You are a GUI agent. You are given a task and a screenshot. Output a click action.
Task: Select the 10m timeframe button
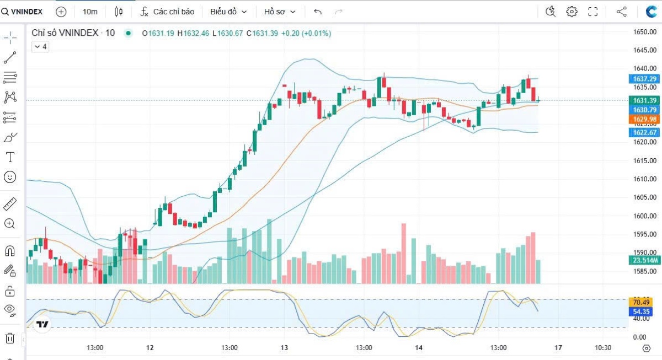point(90,12)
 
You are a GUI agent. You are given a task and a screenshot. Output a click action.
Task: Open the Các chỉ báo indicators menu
point(167,12)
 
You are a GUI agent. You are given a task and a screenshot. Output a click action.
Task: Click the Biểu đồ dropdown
point(228,12)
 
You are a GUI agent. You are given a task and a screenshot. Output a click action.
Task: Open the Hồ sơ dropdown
point(280,12)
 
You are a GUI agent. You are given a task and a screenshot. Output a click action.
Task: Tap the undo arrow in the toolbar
point(318,12)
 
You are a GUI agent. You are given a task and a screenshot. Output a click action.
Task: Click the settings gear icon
point(572,12)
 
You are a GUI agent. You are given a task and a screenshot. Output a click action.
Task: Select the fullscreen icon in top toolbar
point(593,12)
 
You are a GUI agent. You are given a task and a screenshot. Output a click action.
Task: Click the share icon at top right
point(621,12)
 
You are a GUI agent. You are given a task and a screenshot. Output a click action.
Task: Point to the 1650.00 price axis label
point(644,32)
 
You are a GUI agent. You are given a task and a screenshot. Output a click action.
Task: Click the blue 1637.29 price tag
point(644,79)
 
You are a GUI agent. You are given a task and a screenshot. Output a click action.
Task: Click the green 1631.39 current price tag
point(644,100)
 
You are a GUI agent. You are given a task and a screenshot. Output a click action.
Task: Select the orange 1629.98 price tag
point(644,119)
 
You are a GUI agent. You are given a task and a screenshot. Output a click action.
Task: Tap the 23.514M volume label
point(644,261)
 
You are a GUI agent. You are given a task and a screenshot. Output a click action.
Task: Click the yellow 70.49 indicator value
point(640,302)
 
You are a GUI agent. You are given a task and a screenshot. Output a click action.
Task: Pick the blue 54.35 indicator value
point(640,311)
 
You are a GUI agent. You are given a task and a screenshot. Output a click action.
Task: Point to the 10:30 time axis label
point(603,348)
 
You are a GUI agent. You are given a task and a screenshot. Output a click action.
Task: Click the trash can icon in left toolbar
point(10,338)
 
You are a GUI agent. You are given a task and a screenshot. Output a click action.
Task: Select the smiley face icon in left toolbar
point(10,177)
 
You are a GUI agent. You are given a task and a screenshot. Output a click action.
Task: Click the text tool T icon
point(10,157)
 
